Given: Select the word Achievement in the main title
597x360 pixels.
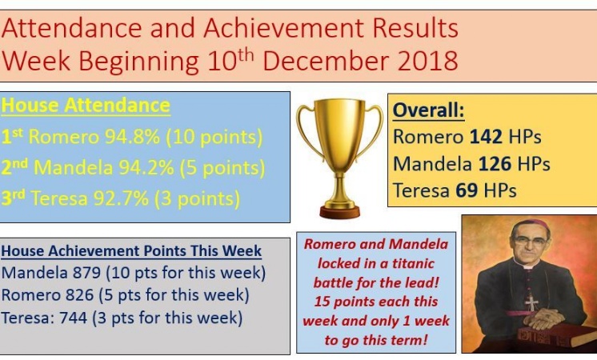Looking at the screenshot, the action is point(283,28).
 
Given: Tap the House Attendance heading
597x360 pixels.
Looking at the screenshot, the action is point(86,106).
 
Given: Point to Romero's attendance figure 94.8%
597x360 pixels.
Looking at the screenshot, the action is point(133,137).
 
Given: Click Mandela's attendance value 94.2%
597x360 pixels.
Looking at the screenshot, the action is point(146,167).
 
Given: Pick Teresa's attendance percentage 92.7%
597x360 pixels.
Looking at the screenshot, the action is point(121,198).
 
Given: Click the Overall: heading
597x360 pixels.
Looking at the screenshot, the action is point(429,110).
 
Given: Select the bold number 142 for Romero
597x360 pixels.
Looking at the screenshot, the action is point(486,137).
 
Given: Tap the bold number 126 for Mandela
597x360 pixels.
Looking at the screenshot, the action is point(495,164).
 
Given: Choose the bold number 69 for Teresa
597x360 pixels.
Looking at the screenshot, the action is point(467,190).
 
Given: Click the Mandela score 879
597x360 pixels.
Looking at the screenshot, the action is point(86,273).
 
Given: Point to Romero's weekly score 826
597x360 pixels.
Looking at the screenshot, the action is point(79,295).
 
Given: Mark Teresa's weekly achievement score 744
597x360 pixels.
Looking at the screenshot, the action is point(74,318).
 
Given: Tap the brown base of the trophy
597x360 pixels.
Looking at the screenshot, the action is point(339,212).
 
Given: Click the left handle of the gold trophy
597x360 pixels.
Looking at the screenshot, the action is point(307,130).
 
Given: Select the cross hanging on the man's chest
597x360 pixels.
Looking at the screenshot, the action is point(531,303).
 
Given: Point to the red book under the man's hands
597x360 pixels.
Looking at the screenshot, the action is point(557,335).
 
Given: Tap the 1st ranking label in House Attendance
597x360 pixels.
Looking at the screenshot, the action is point(12,136).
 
